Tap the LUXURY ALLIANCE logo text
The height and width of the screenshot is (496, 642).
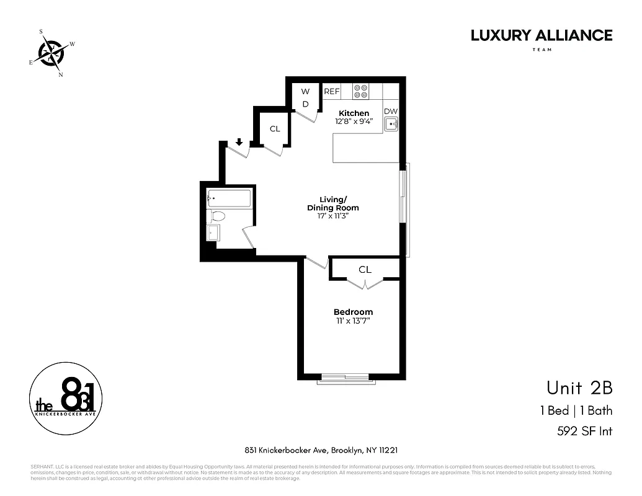[x=541, y=35]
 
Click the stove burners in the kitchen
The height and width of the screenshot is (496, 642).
[x=360, y=92]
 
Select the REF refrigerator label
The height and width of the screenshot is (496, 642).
[x=332, y=91]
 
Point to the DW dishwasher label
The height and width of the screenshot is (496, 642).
[x=391, y=112]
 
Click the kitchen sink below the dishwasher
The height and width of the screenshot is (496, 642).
[x=391, y=125]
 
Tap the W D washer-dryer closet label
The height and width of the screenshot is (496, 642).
[x=305, y=98]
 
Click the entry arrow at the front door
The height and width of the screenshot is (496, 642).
[x=239, y=143]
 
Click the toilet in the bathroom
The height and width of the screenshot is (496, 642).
[x=218, y=216]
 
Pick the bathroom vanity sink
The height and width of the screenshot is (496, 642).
[x=213, y=233]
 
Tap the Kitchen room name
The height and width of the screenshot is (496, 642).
[x=354, y=113]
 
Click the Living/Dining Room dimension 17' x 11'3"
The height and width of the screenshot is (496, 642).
[x=332, y=217]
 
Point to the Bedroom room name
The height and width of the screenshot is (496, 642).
[x=353, y=312]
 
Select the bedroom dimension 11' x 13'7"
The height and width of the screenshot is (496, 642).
[x=353, y=321]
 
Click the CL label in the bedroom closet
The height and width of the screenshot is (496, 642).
[x=365, y=270]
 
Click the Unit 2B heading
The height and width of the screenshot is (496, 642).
[x=579, y=388]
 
